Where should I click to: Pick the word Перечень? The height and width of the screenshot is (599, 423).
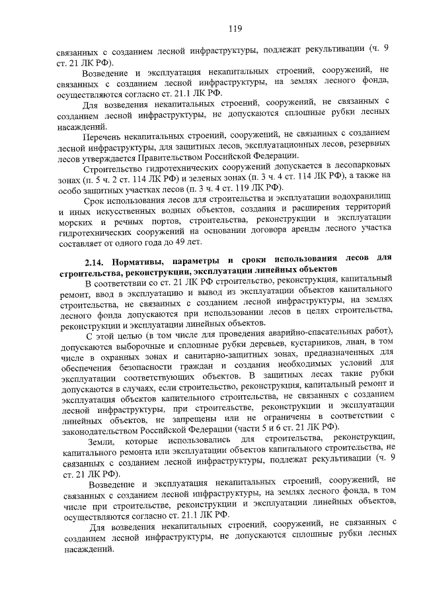click(x=105, y=134)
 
